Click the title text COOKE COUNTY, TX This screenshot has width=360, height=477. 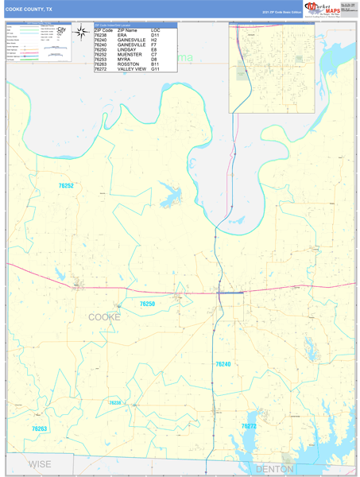(x=29, y=9)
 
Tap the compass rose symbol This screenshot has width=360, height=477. (x=81, y=33)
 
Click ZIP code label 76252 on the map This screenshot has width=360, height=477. (x=66, y=185)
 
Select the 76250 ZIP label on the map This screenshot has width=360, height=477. (x=147, y=304)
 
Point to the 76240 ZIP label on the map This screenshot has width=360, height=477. (x=223, y=363)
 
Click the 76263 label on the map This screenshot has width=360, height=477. (x=40, y=429)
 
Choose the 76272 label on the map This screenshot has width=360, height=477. (x=249, y=427)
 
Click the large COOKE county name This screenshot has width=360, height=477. (x=104, y=316)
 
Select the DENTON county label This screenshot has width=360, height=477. (x=274, y=469)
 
